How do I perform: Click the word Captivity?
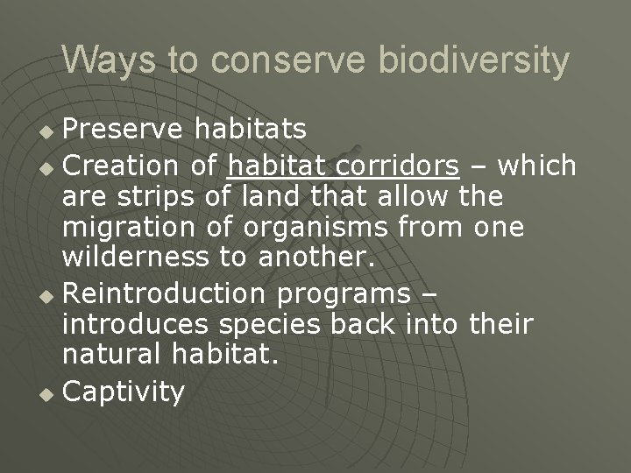pyautogui.click(x=124, y=392)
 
